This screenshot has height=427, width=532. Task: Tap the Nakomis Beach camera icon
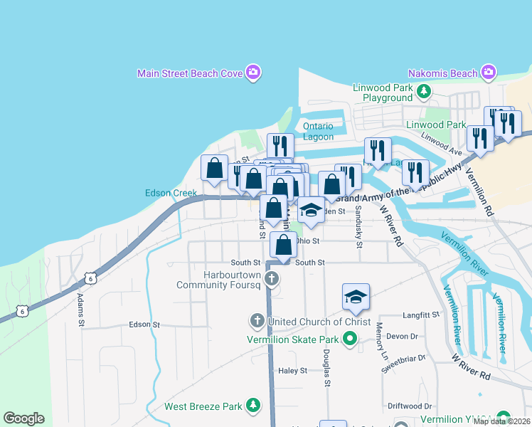488,73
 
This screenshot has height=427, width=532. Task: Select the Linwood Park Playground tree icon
424,91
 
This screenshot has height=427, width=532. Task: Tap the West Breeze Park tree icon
252,406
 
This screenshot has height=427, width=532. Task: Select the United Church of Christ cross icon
257,321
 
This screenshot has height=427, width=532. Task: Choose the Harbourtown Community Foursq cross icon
271,279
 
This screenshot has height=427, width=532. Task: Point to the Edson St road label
144,325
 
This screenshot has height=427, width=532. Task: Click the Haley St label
292,371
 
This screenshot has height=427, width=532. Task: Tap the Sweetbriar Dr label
403,364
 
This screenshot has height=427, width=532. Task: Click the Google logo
23,418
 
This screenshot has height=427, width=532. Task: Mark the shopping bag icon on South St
284,244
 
